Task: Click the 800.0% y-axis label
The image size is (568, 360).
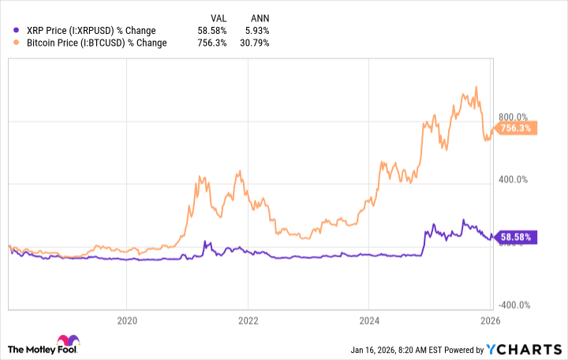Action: [x=517, y=117]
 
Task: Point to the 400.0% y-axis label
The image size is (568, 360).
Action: [x=517, y=179]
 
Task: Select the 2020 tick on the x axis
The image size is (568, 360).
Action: [x=127, y=321]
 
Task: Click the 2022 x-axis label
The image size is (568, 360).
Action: [x=248, y=321]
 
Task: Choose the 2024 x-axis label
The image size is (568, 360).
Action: [x=369, y=321]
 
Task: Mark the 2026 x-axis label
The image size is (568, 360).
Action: [x=490, y=321]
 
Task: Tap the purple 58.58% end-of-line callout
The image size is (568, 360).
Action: [x=515, y=236]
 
